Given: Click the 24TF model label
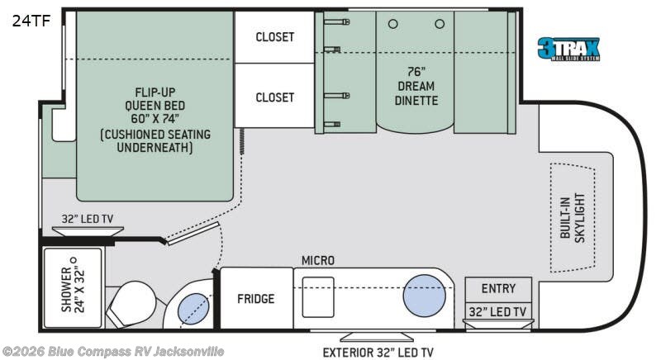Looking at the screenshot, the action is (x=31, y=21).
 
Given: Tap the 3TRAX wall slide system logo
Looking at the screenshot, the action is (x=568, y=50).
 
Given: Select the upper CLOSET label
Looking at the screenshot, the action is (x=275, y=37).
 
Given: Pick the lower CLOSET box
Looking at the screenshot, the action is (x=274, y=96).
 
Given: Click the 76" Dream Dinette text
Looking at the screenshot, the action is (x=416, y=86).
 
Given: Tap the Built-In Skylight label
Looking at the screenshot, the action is (x=573, y=218).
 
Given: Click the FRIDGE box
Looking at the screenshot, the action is (x=256, y=298).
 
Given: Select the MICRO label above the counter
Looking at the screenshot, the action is (x=318, y=261).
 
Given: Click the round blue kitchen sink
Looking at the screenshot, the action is (x=424, y=296).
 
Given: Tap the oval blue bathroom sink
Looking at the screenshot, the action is (x=193, y=309).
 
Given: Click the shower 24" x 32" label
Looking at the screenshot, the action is (x=73, y=289).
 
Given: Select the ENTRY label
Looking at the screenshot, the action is (x=498, y=288).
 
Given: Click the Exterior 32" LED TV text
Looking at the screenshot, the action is (x=378, y=352).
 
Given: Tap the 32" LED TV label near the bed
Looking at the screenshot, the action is (x=88, y=219).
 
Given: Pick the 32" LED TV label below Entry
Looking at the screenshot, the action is (x=498, y=311).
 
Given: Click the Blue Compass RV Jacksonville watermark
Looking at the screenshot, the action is (x=113, y=351).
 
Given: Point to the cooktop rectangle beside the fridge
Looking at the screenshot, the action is (x=318, y=297).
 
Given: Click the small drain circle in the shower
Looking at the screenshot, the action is (x=74, y=260).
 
